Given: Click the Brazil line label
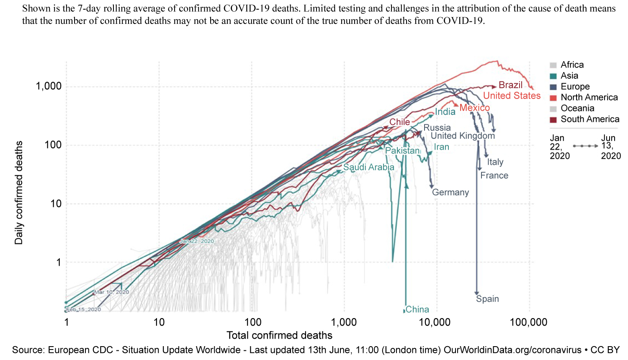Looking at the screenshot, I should pyautogui.click(x=510, y=85).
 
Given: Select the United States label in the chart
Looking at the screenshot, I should pyautogui.click(x=512, y=96).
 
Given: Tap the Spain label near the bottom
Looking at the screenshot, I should pyautogui.click(x=487, y=299).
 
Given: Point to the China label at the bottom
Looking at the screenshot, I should pyautogui.click(x=417, y=309).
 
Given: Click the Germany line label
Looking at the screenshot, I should pyautogui.click(x=450, y=193).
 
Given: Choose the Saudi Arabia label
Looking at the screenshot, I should pyautogui.click(x=369, y=167).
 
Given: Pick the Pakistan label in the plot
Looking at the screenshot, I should pyautogui.click(x=402, y=151).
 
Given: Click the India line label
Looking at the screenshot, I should pyautogui.click(x=445, y=112).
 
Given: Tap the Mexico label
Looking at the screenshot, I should pyautogui.click(x=474, y=108).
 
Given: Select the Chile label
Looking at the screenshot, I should pyautogui.click(x=400, y=122).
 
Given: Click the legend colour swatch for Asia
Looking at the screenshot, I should pyautogui.click(x=553, y=76).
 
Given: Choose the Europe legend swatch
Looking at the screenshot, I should pyautogui.click(x=553, y=87).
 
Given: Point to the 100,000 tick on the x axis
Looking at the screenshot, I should pyautogui.click(x=528, y=322).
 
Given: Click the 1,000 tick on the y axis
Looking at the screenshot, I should pyautogui.click(x=49, y=86).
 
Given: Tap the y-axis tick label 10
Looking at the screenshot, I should pyautogui.click(x=56, y=204).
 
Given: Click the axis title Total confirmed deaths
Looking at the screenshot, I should pyautogui.click(x=279, y=335).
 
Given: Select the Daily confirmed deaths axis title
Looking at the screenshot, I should pyautogui.click(x=19, y=193).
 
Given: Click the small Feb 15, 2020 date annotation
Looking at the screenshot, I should pyautogui.click(x=84, y=310).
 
